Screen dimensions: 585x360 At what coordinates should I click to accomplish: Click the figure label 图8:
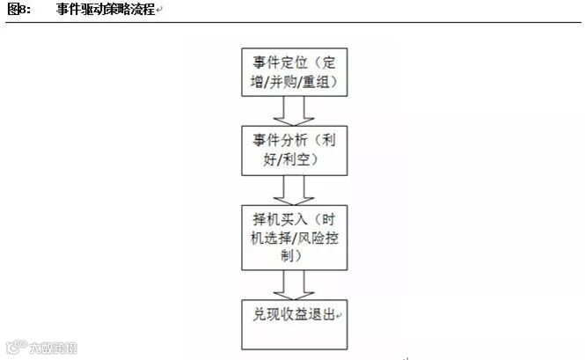pyautogui.click(x=18, y=10)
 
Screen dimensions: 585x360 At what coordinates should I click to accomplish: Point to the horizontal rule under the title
pyautogui.click(x=292, y=23)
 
